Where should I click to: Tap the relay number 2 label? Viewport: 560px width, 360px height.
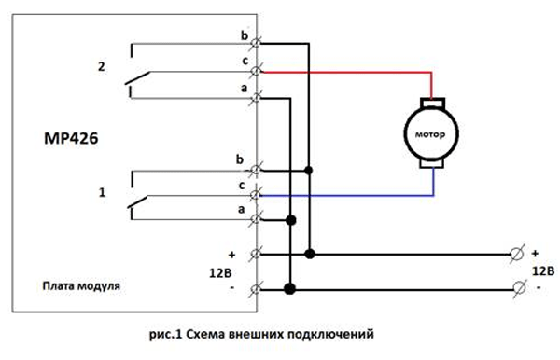tap(99, 66)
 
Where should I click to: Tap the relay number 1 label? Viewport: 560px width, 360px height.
tap(99, 192)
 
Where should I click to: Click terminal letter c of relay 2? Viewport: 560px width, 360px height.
tap(245, 61)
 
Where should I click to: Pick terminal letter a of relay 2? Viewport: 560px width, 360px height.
tap(245, 86)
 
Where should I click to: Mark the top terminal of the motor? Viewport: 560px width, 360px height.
tap(429, 100)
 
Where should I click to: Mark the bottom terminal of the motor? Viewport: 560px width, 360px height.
tap(429, 164)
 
